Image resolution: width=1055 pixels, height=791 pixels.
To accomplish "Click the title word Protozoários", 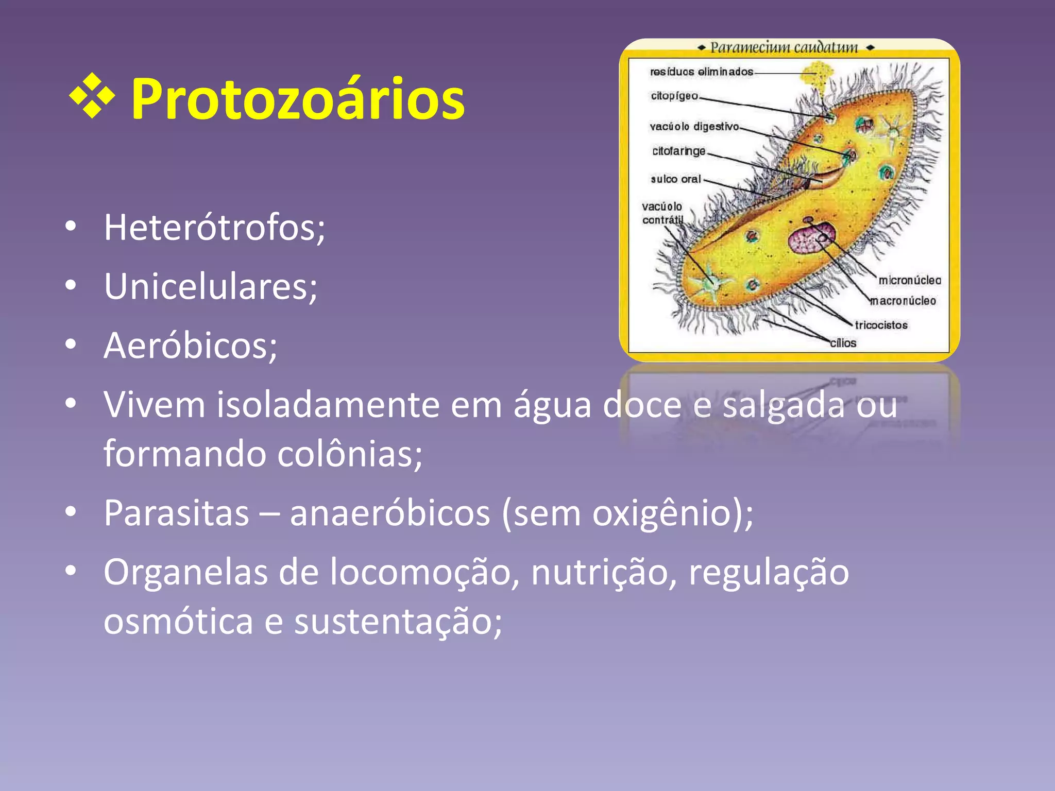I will [298, 99].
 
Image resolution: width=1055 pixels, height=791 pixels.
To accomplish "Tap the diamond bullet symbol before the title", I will [92, 96].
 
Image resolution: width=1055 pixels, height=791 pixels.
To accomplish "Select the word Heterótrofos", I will [214, 228].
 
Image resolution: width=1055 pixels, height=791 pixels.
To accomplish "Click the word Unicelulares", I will [210, 286].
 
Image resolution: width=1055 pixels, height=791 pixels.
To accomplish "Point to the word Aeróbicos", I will [190, 346].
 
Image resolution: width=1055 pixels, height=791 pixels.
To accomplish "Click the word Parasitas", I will [176, 513].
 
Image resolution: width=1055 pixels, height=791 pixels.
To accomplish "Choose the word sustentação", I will [397, 622].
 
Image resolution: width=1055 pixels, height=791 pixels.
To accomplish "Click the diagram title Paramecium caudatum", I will [784, 48].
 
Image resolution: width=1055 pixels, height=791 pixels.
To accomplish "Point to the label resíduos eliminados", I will [701, 72].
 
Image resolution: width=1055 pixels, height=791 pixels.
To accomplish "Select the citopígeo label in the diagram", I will [674, 96].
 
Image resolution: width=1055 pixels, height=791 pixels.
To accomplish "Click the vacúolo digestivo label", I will [694, 127].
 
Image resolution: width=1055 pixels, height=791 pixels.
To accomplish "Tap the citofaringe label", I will [678, 151].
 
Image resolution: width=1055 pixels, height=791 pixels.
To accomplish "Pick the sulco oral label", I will [675, 179].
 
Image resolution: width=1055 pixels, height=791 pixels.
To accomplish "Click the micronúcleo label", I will [909, 280].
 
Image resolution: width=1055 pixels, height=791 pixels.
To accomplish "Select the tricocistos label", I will [881, 325].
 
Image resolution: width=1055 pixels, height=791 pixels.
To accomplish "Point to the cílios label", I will [843, 343].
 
